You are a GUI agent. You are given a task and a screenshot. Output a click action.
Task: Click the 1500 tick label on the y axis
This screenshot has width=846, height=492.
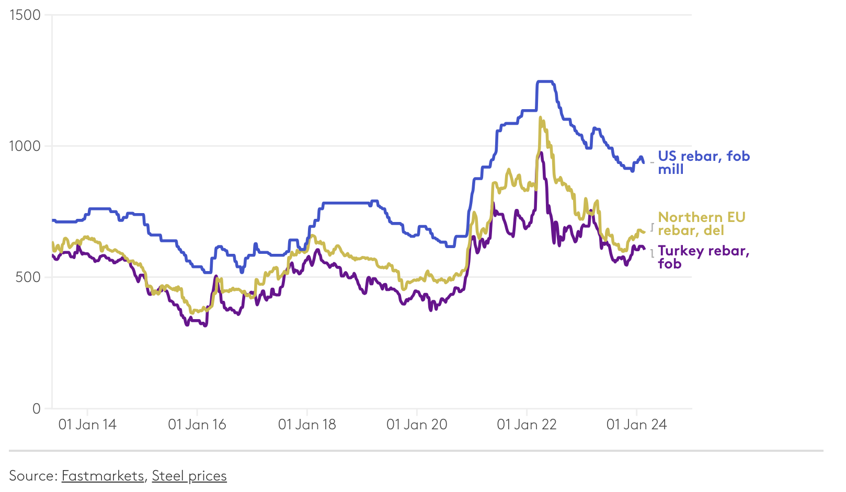pos(25,15)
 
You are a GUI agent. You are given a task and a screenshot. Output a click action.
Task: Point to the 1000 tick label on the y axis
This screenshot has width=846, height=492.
pos(25,146)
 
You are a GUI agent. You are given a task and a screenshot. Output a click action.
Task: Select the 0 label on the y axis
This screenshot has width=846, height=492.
pos(36,408)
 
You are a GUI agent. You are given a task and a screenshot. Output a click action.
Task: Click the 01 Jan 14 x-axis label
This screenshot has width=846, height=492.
pos(87,425)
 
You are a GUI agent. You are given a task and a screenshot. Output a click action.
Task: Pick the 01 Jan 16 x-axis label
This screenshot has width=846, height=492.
pos(197,425)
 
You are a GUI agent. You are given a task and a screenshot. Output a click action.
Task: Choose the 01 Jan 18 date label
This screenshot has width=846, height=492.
pos(307,425)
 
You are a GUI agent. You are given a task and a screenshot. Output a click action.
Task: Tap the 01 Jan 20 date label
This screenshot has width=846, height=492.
pos(417,425)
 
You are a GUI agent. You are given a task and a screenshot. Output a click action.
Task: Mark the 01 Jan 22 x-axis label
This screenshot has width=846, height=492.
pos(527,425)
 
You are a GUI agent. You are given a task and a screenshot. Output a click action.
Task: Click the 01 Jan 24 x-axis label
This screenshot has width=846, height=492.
pos(636,425)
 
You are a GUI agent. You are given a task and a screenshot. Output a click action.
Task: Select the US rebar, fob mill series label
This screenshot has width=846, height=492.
pos(703,162)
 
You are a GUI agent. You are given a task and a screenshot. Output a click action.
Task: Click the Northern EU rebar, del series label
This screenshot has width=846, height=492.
pos(701,224)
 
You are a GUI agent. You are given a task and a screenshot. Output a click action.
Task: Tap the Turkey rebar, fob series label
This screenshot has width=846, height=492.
pos(703,257)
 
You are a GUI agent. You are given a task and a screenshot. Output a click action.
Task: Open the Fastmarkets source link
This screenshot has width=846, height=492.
pos(102,476)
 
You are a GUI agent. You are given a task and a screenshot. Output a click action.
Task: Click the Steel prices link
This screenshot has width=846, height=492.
pos(189,476)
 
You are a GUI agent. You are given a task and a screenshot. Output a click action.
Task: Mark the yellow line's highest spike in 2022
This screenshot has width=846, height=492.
pos(540,118)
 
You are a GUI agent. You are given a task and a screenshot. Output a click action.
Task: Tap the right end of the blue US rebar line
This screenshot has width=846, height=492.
pos(643,162)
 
